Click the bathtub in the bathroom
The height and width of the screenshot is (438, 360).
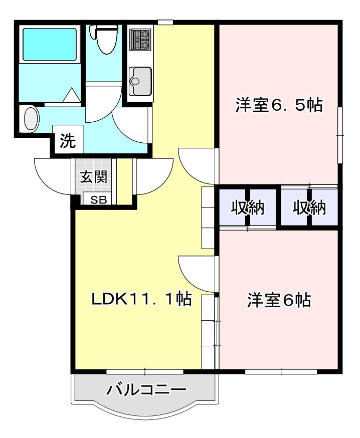point(50,44)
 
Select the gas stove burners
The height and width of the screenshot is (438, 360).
point(141,40)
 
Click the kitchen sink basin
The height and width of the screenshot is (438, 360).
point(141,82)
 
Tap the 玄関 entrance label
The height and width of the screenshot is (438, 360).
point(94,176)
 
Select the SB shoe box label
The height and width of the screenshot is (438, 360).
point(98,200)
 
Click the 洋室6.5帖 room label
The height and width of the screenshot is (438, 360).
point(279,105)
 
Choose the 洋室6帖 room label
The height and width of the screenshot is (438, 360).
point(279,300)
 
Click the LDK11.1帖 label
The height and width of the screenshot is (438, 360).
point(142,299)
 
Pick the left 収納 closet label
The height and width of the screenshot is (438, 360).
point(247,208)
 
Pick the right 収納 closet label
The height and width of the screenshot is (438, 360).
point(309,208)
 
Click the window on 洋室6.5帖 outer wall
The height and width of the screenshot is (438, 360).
point(340,135)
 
